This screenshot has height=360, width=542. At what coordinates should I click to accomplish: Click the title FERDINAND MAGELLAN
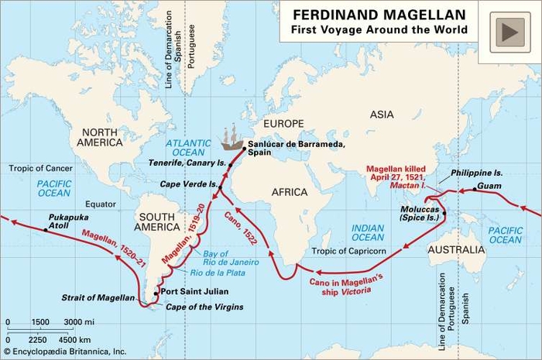coord(379,15)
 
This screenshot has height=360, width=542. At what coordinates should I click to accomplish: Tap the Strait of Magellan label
coord(97,297)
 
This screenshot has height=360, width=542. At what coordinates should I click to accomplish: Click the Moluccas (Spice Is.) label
coord(420,214)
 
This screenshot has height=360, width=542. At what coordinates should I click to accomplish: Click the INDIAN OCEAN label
coord(368,233)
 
